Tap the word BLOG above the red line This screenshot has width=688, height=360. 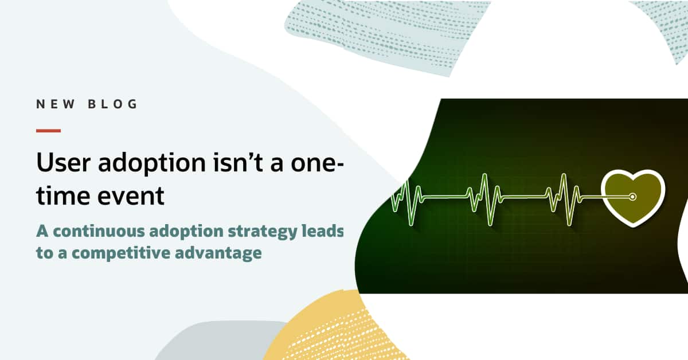click(112, 104)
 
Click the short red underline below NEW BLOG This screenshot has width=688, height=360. click(48, 131)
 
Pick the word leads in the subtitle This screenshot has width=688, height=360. click(323, 230)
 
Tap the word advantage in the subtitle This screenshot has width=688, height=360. click(218, 253)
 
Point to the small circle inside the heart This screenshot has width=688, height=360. click(632, 197)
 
